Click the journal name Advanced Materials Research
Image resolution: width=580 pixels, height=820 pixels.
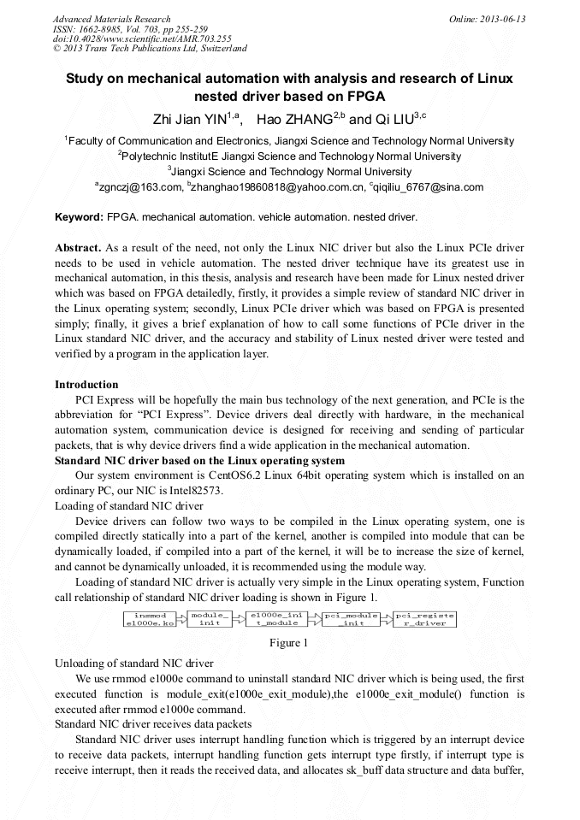[x=111, y=19]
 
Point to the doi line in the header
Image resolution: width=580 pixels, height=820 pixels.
[x=141, y=38]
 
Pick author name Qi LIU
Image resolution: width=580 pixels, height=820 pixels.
[x=382, y=119]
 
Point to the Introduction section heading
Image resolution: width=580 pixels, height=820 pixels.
[x=86, y=385]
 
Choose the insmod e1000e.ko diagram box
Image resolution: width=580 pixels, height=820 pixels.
[x=151, y=618]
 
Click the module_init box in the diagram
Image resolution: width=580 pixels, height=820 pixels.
[x=210, y=618]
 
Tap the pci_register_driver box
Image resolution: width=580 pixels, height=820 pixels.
[x=425, y=618]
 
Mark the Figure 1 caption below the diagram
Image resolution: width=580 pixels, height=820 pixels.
[x=288, y=642]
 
